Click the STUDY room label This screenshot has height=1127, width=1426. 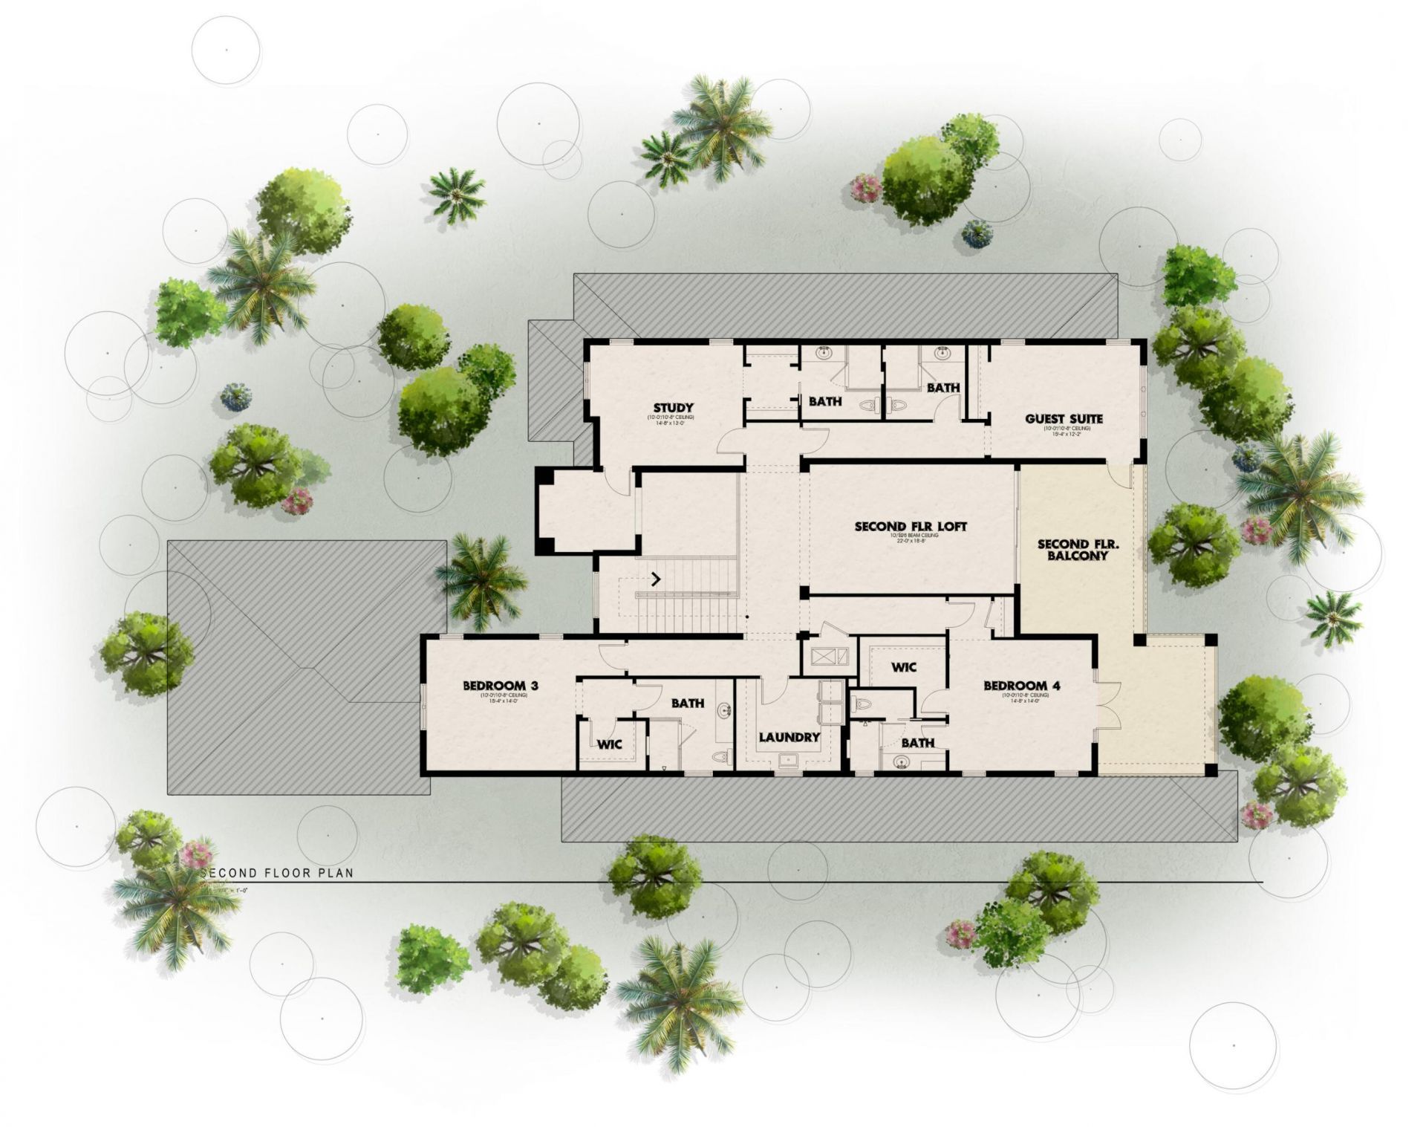673,407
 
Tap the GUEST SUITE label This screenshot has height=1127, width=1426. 1064,418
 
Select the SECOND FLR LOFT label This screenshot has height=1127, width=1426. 911,526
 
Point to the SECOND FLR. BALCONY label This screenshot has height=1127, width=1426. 1078,550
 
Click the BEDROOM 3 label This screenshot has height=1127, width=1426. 500,685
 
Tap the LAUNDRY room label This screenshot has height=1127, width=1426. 789,737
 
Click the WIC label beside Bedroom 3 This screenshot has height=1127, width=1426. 610,744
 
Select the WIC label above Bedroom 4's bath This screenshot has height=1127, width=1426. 903,667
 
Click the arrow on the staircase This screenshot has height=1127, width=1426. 656,578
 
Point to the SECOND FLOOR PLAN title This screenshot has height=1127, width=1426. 277,873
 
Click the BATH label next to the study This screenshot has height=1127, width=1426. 825,401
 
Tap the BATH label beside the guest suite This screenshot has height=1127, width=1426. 942,387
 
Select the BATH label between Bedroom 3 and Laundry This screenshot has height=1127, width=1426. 688,702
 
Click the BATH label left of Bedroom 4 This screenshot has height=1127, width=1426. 918,742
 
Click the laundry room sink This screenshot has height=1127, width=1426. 788,760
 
